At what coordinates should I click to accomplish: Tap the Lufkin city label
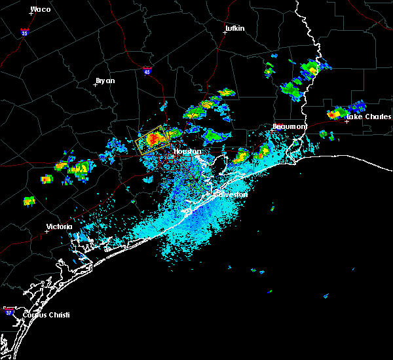tap(234, 29)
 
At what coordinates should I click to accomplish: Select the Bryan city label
tap(105, 81)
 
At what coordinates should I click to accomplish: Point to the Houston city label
tap(187, 152)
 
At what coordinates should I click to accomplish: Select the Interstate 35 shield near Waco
tap(24, 31)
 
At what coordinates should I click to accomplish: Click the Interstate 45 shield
tap(147, 70)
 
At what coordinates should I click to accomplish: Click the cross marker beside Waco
tap(31, 13)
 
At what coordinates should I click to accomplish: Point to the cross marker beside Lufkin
tap(224, 33)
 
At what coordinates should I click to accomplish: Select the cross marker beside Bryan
tap(95, 84)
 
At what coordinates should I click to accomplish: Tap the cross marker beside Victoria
tap(47, 231)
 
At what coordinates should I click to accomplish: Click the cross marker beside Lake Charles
tap(346, 121)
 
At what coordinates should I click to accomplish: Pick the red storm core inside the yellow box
tap(153, 139)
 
